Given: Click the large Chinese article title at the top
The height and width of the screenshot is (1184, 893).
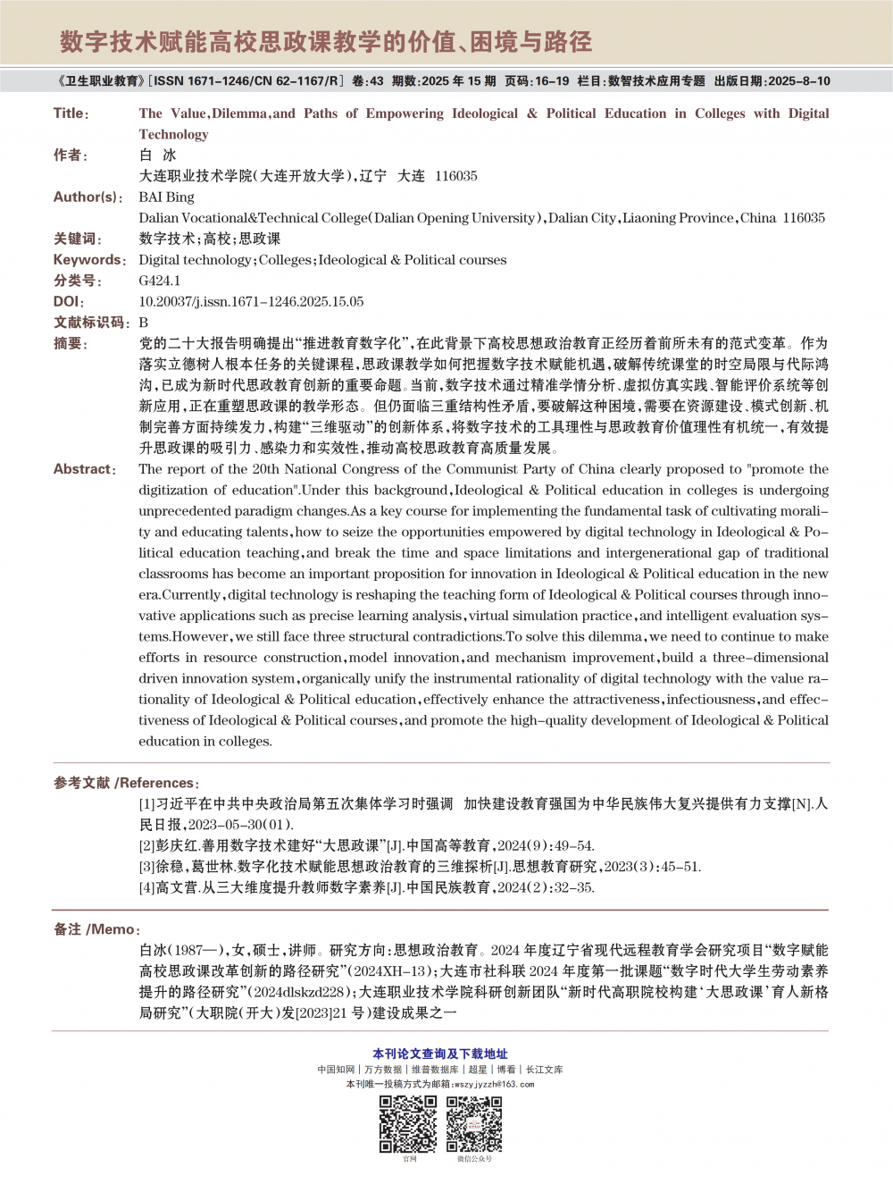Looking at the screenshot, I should [326, 42].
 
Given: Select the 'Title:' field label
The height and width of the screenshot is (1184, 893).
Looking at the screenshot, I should [71, 113].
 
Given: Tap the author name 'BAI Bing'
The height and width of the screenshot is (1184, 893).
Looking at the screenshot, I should [166, 197].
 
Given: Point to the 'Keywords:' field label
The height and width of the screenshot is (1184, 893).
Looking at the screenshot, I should [89, 260].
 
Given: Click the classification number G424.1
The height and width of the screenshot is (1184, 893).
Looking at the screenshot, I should [159, 281].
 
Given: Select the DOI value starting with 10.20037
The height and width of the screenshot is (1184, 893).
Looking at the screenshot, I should [251, 302].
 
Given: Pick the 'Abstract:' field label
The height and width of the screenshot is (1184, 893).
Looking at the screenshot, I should [85, 469].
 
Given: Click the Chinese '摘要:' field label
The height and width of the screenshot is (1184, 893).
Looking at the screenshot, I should [71, 344].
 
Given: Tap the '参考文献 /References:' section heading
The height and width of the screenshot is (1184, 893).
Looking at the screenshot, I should [126, 783].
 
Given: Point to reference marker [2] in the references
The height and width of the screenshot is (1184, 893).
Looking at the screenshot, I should [147, 845].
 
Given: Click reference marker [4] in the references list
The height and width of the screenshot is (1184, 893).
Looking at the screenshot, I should [147, 887].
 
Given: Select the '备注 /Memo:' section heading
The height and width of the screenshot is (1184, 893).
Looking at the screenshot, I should [96, 929].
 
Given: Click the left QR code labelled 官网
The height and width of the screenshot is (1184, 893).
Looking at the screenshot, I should [408, 1123].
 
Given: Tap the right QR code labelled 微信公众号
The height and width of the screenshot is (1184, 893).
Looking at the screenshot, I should [474, 1123].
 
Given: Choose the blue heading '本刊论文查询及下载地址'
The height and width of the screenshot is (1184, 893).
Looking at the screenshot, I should [440, 1054].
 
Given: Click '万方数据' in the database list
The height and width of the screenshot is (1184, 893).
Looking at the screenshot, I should [383, 1070].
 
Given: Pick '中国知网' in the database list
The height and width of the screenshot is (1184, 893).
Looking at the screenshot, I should [336, 1070].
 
